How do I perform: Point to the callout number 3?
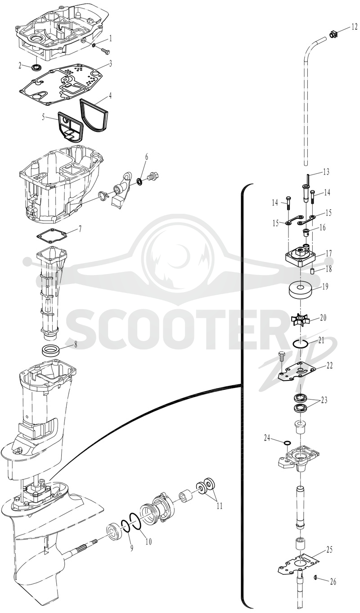click(x=110, y=64)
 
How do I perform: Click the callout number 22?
click(x=329, y=365)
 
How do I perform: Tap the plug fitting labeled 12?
click(x=333, y=35)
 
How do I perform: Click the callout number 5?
click(x=44, y=117)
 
